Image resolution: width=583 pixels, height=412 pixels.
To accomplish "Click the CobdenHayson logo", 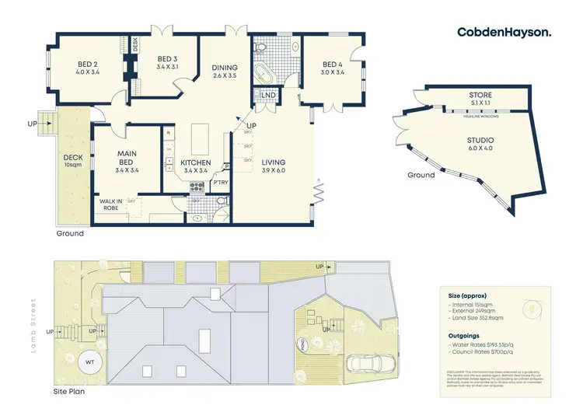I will [x=504, y=32].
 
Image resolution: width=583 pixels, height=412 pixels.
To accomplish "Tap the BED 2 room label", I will [x=87, y=68].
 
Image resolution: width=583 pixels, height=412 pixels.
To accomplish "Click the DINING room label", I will [x=225, y=72].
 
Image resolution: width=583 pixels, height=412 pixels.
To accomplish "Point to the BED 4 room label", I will [x=332, y=68].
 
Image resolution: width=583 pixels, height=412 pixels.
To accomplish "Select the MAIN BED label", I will [x=127, y=159].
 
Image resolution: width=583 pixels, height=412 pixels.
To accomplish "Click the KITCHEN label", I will [x=194, y=166].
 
